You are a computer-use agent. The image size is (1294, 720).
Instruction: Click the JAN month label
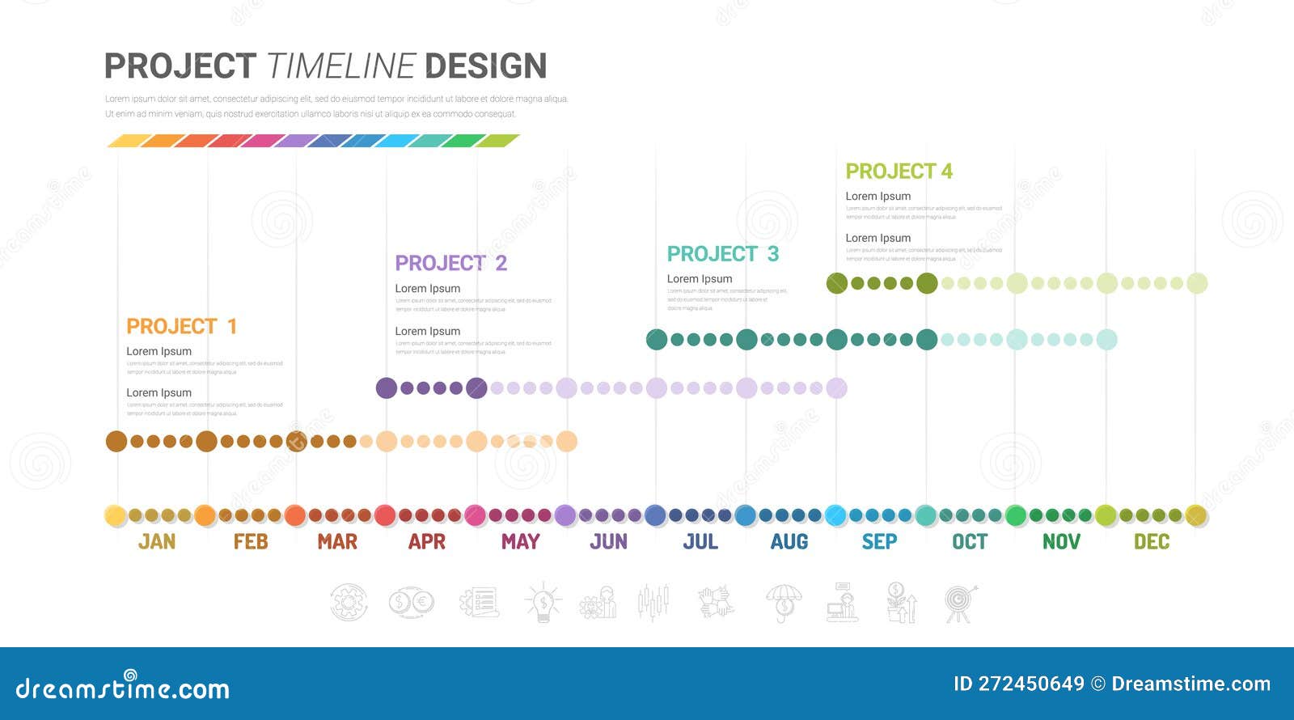[x=157, y=541]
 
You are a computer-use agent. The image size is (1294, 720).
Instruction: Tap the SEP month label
[x=879, y=541]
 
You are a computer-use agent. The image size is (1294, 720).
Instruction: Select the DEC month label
[x=1152, y=541]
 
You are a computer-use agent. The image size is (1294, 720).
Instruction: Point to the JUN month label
[x=608, y=541]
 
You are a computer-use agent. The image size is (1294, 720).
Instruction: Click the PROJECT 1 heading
[x=182, y=326]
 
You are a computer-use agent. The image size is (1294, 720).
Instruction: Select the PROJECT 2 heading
[x=450, y=263]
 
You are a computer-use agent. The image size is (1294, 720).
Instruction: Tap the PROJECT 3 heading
[x=722, y=254]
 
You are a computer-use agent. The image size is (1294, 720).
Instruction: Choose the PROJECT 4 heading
[x=899, y=172]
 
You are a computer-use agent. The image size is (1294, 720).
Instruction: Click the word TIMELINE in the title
[x=340, y=66]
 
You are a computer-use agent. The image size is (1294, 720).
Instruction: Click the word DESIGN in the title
[x=485, y=66]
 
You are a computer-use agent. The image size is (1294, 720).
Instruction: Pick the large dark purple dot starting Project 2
[x=387, y=388]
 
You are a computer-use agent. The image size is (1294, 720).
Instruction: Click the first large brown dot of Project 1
[x=116, y=441]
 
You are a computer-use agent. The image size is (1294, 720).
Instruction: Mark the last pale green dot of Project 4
[x=1197, y=283]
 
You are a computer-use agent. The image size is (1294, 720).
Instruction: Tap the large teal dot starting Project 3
[x=657, y=339]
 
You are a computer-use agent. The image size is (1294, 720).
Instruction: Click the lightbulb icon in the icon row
[x=543, y=603]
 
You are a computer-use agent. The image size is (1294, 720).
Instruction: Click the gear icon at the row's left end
[x=349, y=603]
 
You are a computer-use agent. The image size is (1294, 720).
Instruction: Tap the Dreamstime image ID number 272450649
[x=1031, y=684]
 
